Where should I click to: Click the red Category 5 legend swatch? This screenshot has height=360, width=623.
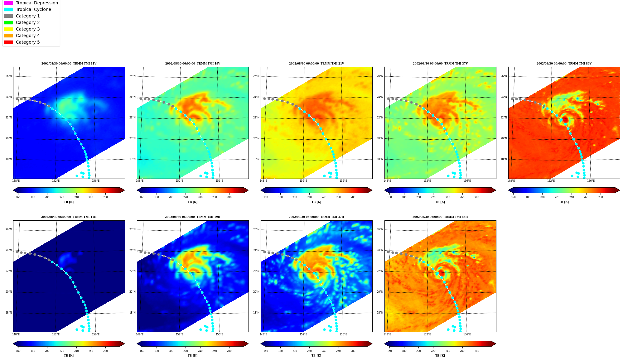(8, 42)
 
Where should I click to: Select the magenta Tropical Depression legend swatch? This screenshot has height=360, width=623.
(8, 3)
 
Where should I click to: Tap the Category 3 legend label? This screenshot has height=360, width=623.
(28, 29)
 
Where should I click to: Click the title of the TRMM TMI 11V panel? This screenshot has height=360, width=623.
(69, 64)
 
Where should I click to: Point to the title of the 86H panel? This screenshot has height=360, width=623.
(440, 217)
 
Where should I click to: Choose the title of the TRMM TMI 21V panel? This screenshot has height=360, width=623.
(316, 64)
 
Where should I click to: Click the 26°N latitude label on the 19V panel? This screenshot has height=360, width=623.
(133, 76)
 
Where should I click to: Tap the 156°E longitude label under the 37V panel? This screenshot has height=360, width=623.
(467, 181)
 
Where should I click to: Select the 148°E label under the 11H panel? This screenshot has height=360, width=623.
(16, 334)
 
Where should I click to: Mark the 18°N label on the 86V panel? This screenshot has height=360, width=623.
(504, 159)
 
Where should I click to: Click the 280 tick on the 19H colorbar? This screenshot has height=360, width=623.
(229, 351)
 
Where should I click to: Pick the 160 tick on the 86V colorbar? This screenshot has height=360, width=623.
(513, 197)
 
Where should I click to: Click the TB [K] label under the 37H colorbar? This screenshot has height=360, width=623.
(316, 356)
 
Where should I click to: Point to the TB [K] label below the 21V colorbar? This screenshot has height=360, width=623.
(316, 202)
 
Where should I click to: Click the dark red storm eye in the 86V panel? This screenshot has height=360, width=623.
(565, 120)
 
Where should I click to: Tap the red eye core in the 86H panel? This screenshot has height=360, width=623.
(442, 273)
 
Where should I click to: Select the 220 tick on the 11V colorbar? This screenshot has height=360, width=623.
(62, 197)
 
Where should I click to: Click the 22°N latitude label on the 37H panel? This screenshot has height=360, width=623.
(256, 271)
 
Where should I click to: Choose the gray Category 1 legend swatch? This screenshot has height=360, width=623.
(8, 16)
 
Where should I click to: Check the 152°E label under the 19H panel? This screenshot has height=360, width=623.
(180, 334)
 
